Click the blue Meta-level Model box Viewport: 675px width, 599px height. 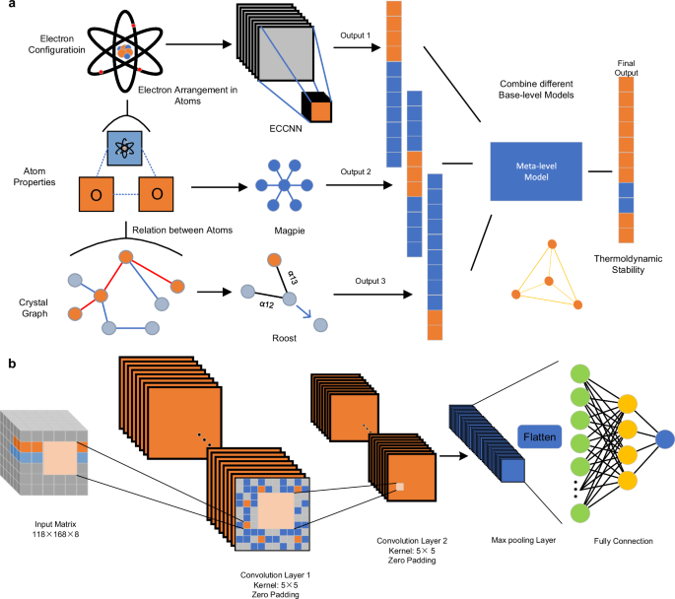[x=535, y=170]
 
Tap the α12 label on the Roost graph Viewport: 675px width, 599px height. [x=265, y=305]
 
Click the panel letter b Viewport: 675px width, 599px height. [x=11, y=364]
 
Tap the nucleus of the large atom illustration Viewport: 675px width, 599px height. [x=123, y=47]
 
